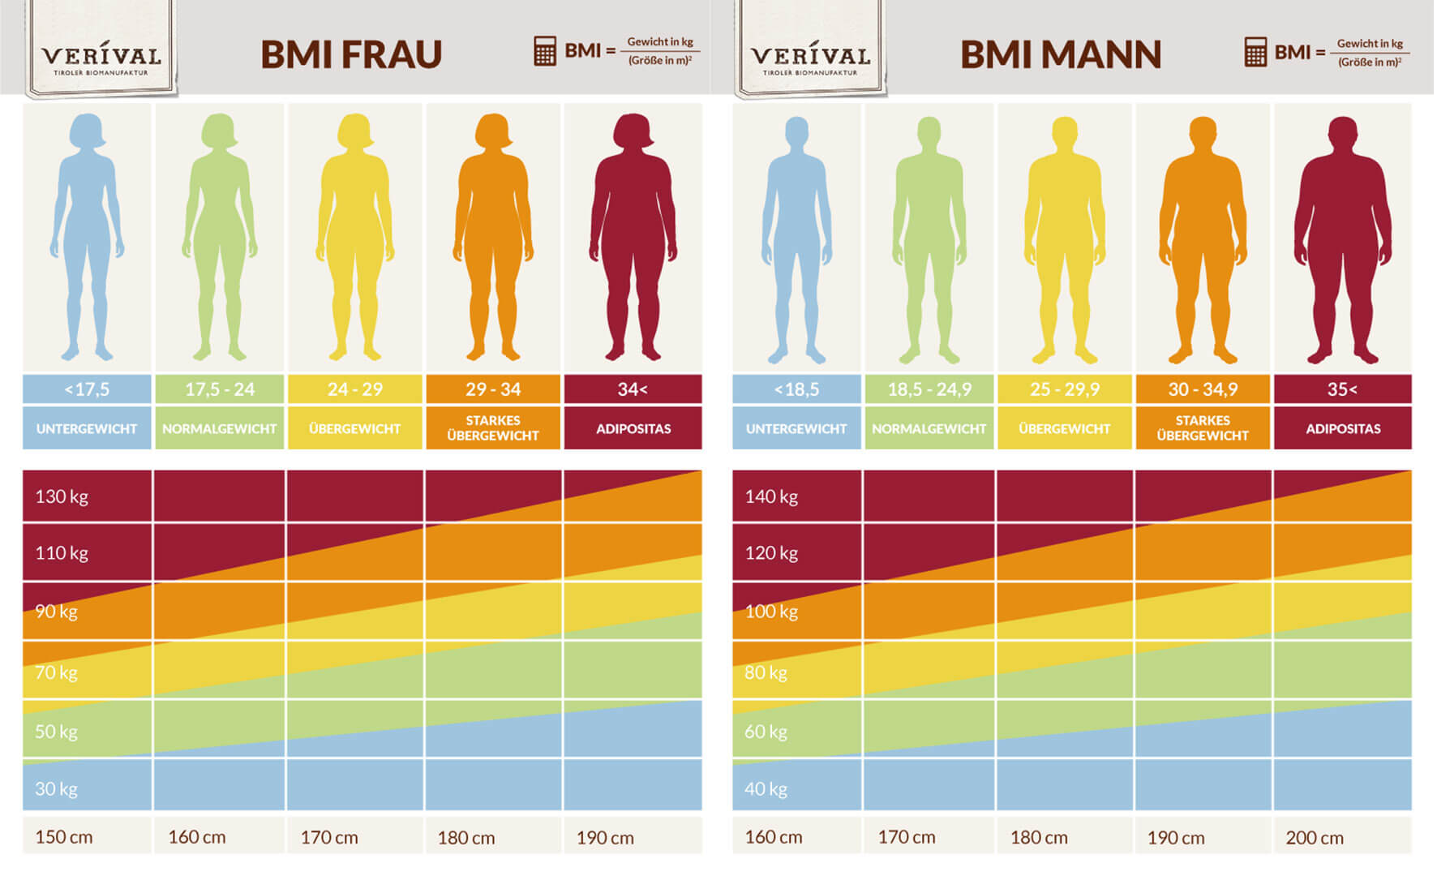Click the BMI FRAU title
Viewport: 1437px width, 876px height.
[351, 54]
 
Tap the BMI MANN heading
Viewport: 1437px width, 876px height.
[1060, 54]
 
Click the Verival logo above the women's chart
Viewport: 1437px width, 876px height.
[101, 57]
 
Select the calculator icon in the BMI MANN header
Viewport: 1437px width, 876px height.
[1255, 52]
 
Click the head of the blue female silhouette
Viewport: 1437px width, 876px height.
[87, 131]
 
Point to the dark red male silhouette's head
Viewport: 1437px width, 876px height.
[1342, 133]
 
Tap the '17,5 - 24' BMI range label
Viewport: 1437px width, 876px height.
[220, 389]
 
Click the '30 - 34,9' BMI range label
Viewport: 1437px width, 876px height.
[1203, 389]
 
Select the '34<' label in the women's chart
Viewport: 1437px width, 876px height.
[633, 389]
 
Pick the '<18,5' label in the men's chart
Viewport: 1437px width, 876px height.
[796, 389]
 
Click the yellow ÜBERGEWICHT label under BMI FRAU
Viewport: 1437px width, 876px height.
[354, 428]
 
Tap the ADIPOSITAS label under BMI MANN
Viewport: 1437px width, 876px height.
[1342, 428]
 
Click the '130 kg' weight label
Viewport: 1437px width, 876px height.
[62, 496]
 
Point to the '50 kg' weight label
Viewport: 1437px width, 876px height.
[56, 732]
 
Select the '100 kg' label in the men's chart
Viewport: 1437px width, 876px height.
[771, 612]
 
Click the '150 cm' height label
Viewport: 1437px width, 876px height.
[64, 837]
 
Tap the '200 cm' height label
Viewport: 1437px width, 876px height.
[1315, 838]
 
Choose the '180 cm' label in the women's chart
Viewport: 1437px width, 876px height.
[466, 838]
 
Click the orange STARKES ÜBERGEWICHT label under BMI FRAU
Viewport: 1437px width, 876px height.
[493, 427]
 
